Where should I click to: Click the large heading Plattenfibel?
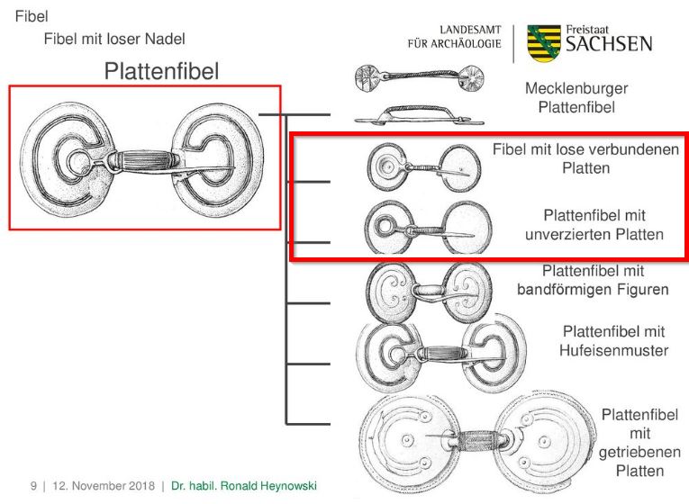point(161,70)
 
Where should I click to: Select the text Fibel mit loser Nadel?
point(114,40)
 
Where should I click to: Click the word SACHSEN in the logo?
point(609,45)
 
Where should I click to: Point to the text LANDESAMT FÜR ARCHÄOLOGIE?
point(454,38)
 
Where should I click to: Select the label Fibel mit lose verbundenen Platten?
point(585,157)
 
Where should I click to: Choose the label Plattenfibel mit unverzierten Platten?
point(595,225)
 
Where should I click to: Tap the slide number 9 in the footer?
point(33,487)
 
